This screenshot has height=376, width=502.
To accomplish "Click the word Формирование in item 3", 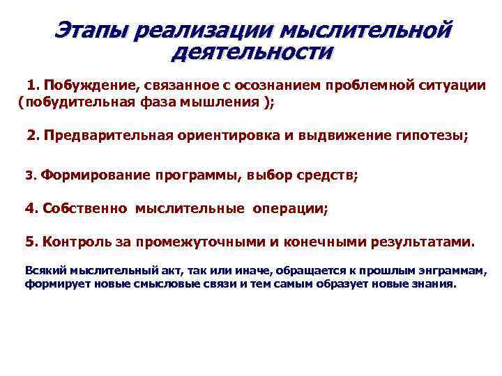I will [95, 175].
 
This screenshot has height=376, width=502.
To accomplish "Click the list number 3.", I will [29, 175].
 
